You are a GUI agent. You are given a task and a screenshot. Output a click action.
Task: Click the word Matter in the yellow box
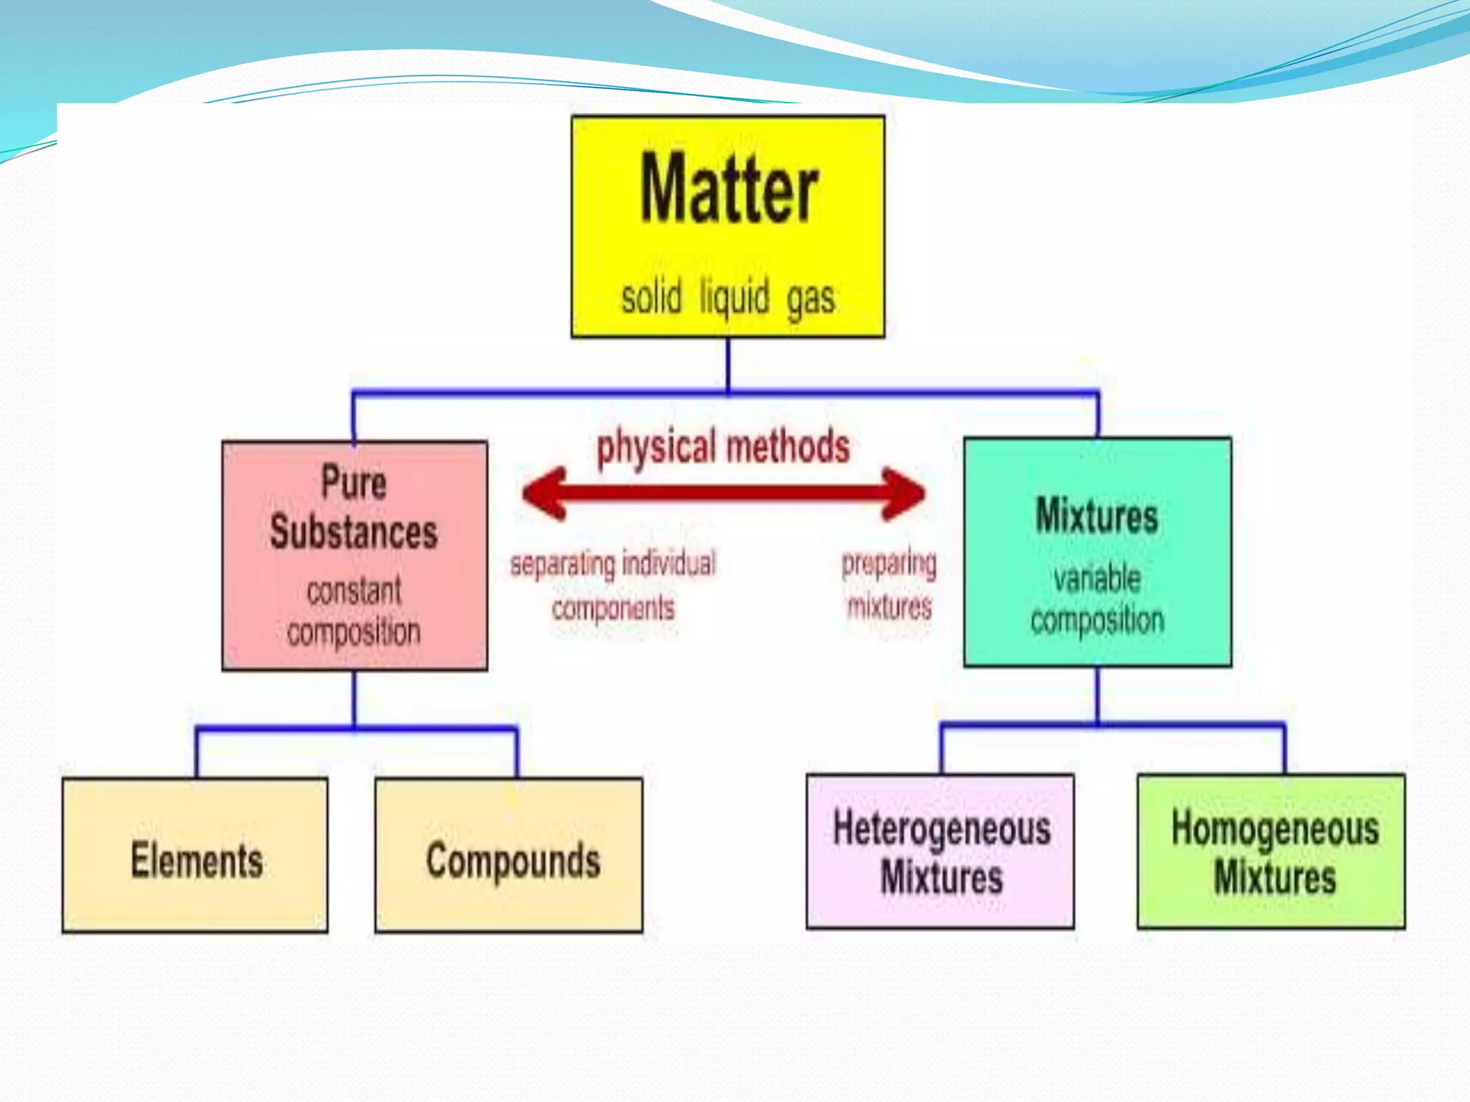(728, 189)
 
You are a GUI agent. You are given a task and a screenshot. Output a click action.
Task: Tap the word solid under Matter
(651, 298)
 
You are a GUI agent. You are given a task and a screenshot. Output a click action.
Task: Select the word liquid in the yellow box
(734, 298)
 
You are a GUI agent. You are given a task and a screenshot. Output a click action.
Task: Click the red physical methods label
(723, 446)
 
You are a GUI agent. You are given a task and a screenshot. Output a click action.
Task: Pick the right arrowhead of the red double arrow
(903, 494)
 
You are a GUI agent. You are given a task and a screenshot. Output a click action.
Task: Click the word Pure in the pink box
(353, 481)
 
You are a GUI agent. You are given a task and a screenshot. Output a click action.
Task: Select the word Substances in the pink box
(353, 532)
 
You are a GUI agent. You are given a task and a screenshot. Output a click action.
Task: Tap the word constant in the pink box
(353, 591)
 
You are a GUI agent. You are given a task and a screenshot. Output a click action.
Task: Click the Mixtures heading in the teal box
(1097, 515)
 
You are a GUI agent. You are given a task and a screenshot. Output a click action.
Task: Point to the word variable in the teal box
(1097, 578)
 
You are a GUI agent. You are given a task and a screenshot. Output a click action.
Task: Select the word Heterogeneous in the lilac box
(941, 829)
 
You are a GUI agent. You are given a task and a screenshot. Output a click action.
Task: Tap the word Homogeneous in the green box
(1275, 829)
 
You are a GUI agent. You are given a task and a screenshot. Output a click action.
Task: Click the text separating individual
(612, 564)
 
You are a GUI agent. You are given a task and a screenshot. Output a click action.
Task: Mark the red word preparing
(889, 564)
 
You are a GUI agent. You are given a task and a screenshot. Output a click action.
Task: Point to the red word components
(612, 608)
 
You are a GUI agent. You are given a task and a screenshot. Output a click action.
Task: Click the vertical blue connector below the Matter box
(728, 364)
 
